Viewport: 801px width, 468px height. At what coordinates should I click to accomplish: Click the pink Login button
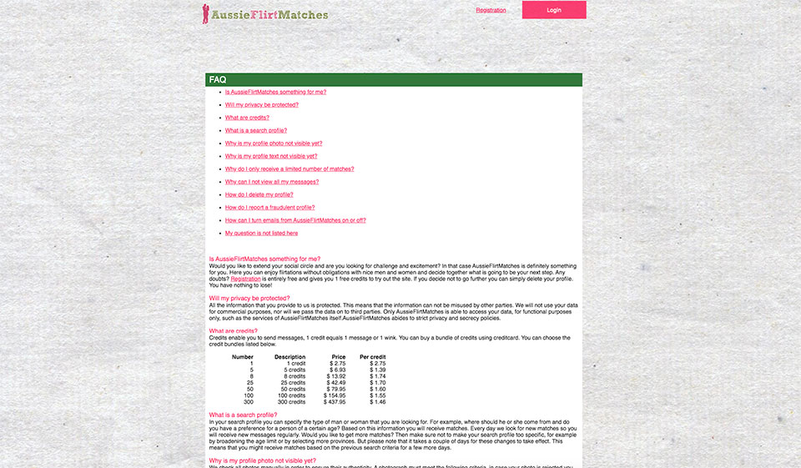tap(554, 10)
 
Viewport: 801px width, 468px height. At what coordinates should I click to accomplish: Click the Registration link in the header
tap(491, 10)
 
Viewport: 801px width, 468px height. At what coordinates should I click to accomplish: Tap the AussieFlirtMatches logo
tap(265, 14)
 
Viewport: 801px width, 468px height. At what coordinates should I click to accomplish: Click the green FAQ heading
tap(218, 80)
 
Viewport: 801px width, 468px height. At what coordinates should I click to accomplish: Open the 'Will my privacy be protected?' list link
tap(261, 105)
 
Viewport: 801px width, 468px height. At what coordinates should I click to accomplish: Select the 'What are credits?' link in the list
tap(247, 118)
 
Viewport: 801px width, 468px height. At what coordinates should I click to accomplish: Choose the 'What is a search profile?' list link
tap(255, 130)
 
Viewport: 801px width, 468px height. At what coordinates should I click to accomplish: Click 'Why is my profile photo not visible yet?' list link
tap(273, 143)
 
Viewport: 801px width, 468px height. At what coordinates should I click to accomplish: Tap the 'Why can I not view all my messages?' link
tap(271, 182)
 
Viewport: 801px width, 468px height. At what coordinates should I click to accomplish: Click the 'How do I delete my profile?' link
tap(259, 194)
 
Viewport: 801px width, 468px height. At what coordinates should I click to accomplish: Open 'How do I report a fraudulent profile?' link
tap(270, 208)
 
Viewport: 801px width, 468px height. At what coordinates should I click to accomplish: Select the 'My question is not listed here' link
tap(261, 234)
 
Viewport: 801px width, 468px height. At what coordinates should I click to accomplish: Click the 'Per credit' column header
tap(372, 357)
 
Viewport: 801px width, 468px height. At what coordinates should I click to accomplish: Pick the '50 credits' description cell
tap(291, 389)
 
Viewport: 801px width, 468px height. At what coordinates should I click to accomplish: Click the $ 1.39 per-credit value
tap(377, 370)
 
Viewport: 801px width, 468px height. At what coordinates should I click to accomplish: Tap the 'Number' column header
tap(242, 357)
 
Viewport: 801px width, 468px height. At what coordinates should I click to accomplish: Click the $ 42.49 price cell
tap(335, 383)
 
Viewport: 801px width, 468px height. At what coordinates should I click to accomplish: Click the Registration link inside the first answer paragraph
tap(245, 279)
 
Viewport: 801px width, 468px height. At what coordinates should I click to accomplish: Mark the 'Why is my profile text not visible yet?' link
tap(270, 156)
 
